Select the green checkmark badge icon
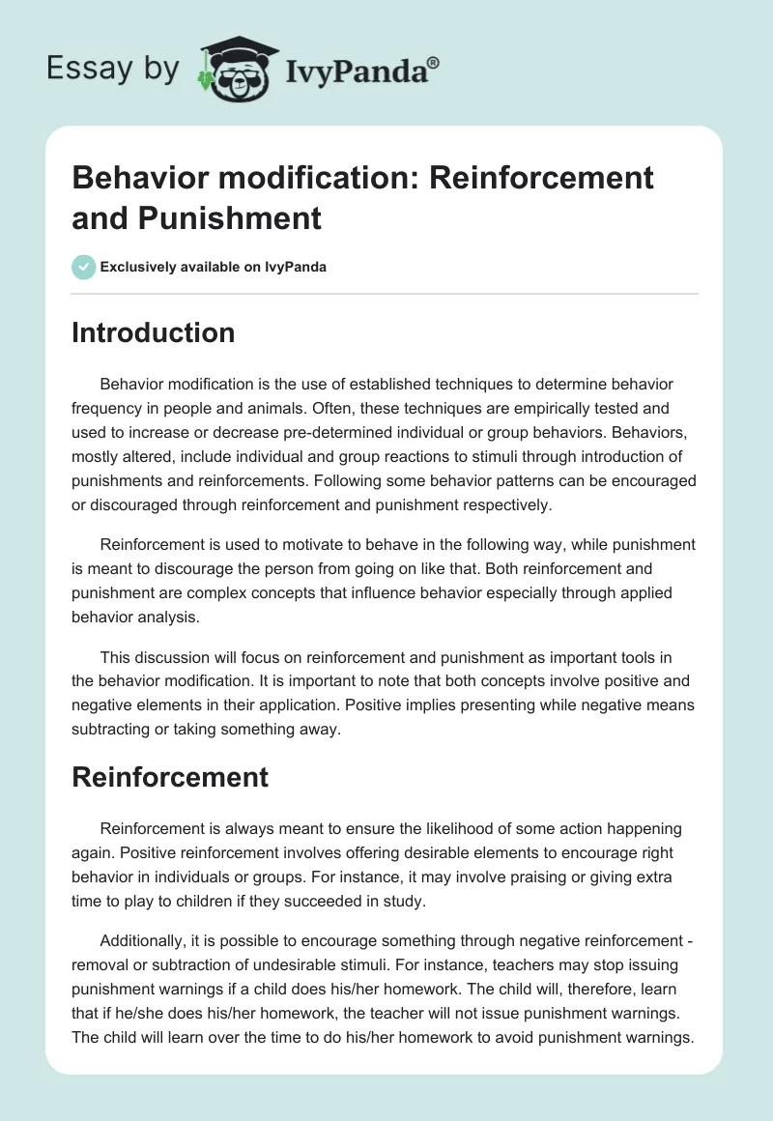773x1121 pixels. click(84, 267)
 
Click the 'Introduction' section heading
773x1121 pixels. click(153, 332)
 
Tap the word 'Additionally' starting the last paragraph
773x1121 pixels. click(144, 940)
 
